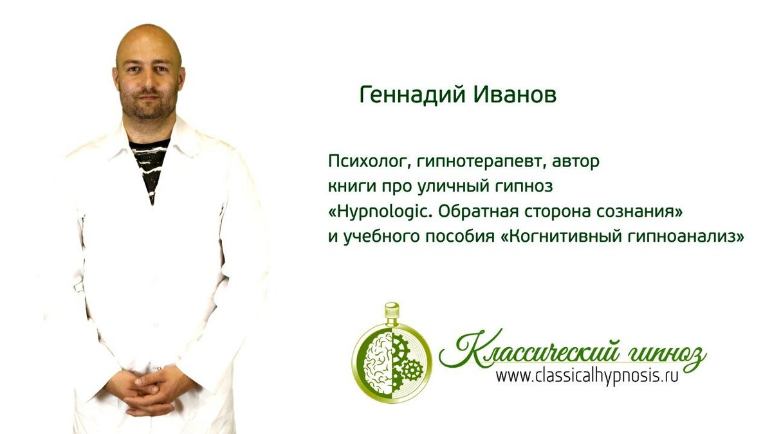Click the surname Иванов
point(515,95)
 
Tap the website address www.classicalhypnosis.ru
point(586,376)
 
